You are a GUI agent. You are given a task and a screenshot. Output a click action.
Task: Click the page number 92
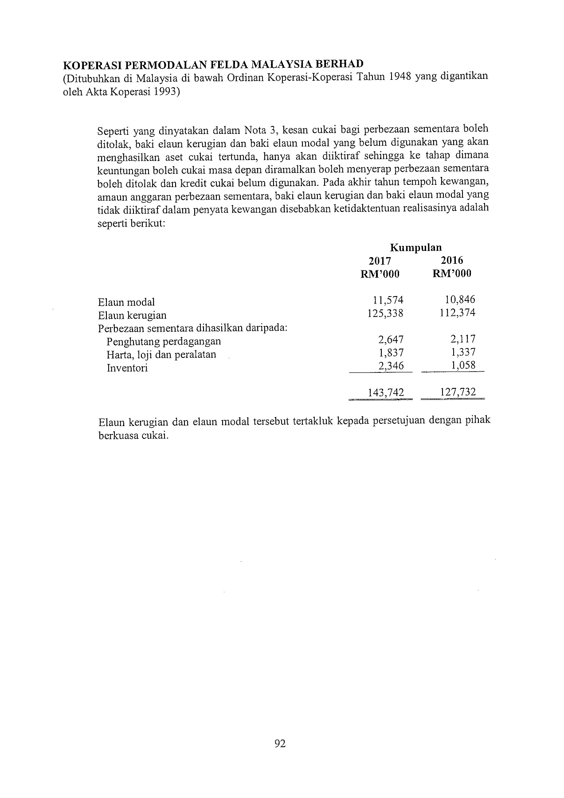pyautogui.click(x=280, y=744)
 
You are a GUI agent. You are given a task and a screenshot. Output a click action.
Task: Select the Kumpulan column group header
pyautogui.click(x=415, y=247)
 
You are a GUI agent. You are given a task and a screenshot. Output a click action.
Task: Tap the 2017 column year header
pyautogui.click(x=380, y=261)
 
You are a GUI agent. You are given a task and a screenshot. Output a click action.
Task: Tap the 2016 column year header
pyautogui.click(x=452, y=261)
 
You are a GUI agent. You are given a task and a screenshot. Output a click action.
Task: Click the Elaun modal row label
pyautogui.click(x=126, y=302)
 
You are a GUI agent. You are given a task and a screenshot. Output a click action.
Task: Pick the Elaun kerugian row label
pyautogui.click(x=132, y=316)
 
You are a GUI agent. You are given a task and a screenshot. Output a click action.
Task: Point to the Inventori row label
pyautogui.click(x=127, y=368)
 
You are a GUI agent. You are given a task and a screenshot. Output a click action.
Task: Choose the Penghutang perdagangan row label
pyautogui.click(x=164, y=342)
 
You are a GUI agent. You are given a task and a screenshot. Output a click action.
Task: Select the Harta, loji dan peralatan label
pyautogui.click(x=161, y=355)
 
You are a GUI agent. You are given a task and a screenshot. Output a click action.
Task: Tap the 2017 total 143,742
pyautogui.click(x=386, y=392)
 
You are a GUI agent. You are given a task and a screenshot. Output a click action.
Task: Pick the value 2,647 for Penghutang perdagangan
pyautogui.click(x=391, y=340)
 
